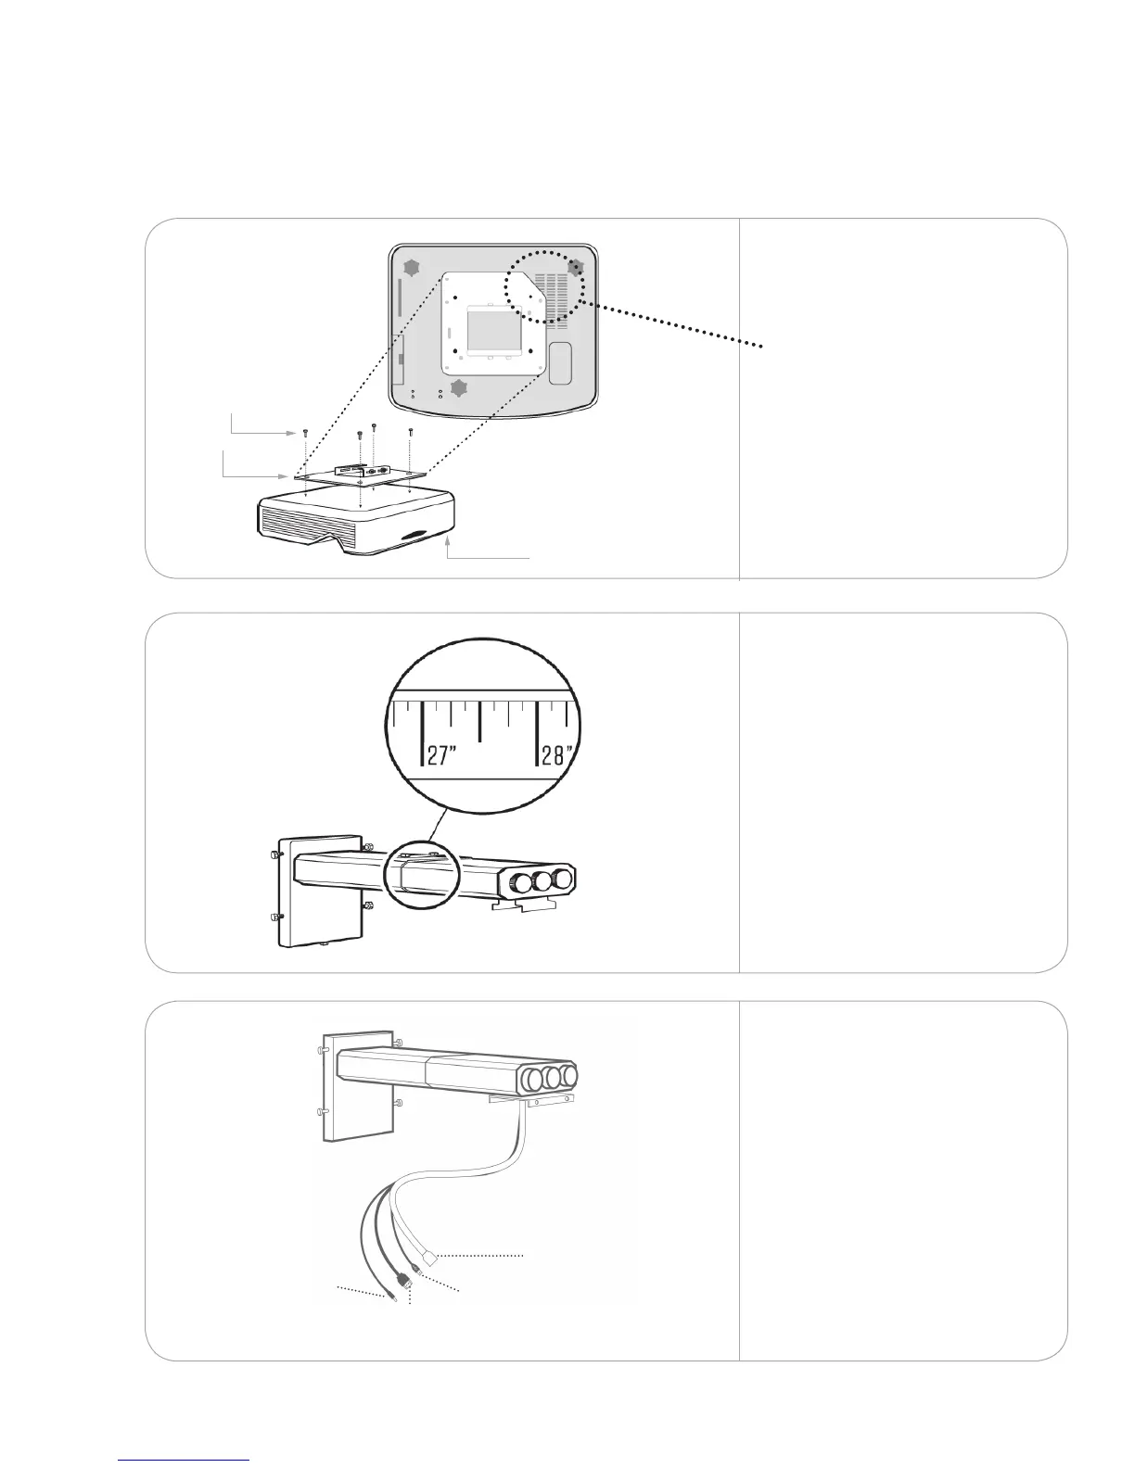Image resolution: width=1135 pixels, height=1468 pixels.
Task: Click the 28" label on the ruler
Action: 558,755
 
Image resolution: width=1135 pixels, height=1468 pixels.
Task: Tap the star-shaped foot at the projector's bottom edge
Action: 458,386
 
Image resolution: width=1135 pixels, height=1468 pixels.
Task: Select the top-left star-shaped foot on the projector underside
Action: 411,268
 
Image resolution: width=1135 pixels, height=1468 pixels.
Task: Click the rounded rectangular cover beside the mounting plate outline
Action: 560,362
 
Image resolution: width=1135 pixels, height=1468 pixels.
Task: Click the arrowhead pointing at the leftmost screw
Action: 288,432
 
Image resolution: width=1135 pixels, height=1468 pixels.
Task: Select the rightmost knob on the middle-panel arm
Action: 560,880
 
